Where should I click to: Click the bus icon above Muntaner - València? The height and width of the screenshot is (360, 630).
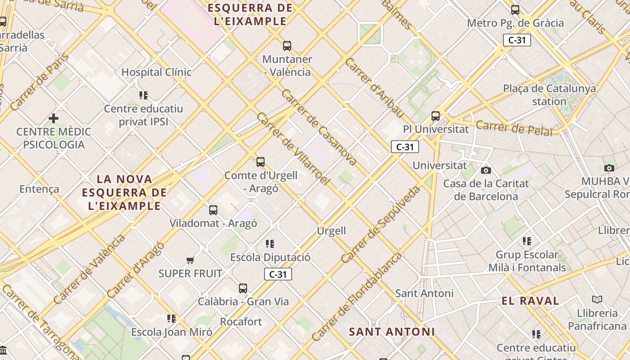point(287,45)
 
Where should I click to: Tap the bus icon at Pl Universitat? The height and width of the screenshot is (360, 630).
point(436,116)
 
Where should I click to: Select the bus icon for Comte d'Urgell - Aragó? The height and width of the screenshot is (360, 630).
point(261,162)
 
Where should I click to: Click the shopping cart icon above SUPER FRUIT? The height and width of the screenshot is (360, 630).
point(190,260)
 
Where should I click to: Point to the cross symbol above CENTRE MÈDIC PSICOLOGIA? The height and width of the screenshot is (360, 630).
point(54,118)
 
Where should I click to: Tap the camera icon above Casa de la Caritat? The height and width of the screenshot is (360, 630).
point(486,170)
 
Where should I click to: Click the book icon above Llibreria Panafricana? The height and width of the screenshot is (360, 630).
point(597,299)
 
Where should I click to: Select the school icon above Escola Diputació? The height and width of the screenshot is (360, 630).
point(270,244)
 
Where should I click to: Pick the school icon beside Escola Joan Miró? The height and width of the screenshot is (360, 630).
point(171,319)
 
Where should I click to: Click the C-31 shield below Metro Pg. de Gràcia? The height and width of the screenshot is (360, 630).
point(517,40)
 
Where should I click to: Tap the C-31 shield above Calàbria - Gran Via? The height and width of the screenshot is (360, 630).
point(278,274)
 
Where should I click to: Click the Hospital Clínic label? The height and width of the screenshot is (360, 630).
point(156,72)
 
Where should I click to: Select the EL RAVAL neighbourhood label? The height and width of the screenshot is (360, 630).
point(531,301)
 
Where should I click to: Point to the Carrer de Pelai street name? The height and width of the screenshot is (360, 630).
point(514,128)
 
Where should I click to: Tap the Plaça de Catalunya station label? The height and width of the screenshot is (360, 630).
point(549,94)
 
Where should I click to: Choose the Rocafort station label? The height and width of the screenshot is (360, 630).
point(241,322)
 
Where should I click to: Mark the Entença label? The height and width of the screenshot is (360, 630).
point(39,189)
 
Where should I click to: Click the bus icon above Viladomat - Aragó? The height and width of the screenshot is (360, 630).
point(213,210)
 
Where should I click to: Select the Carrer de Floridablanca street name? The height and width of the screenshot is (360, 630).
point(356,297)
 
